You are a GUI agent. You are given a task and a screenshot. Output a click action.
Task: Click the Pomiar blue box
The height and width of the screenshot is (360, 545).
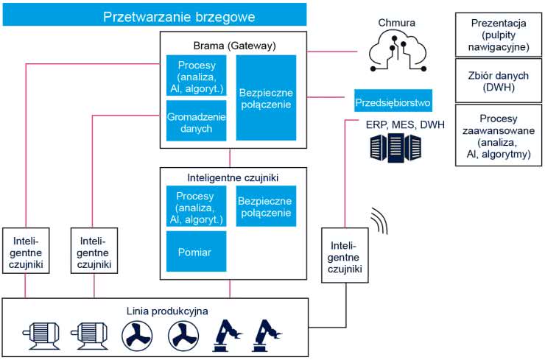click(x=195, y=252)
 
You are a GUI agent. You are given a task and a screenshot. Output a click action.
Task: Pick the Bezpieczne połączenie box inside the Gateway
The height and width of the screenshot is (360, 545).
click(x=266, y=98)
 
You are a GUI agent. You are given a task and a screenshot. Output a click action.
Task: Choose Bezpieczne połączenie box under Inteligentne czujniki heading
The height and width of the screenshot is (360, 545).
click(x=266, y=206)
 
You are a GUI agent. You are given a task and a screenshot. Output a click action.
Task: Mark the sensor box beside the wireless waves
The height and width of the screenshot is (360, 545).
click(x=344, y=257)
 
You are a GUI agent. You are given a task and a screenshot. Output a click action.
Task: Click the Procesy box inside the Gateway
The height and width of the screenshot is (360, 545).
click(x=195, y=77)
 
